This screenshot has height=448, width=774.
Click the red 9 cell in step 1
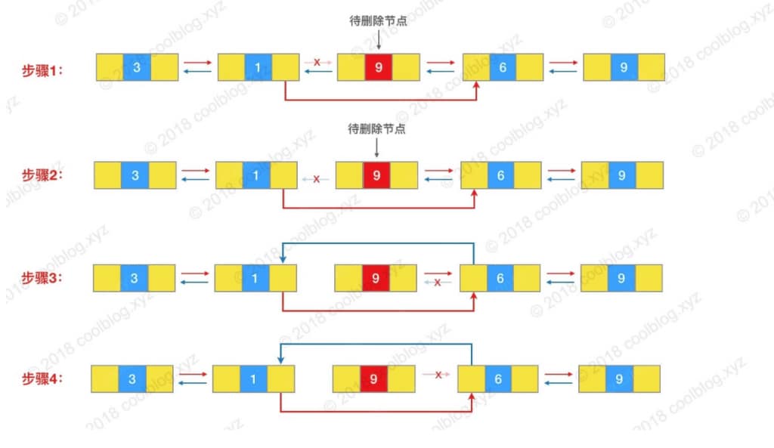[379, 68]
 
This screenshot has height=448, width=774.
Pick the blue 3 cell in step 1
[137, 68]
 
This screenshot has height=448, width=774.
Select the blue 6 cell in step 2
[500, 175]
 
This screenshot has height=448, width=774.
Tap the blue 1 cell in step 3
[255, 278]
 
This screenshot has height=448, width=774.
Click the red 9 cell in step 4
[374, 379]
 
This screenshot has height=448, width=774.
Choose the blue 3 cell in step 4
[132, 379]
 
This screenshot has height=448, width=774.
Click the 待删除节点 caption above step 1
[378, 22]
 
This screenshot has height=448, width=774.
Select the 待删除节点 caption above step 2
[376, 129]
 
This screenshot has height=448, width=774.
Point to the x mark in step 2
[316, 180]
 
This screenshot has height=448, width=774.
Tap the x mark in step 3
[437, 282]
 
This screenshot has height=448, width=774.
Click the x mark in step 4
[438, 374]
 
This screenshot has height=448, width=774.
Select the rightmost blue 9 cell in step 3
[621, 278]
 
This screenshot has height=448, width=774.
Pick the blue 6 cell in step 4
[498, 379]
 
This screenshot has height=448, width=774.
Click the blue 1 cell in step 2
[256, 175]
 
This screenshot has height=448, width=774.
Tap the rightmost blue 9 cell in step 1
[624, 68]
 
